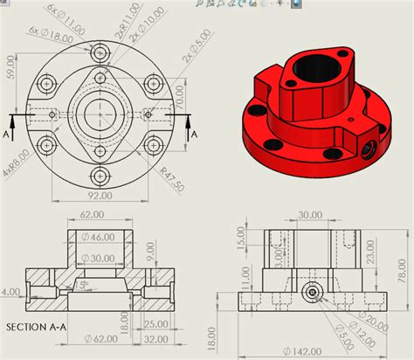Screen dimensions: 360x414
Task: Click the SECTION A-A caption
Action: click(38, 328)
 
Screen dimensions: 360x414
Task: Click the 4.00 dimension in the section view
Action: click(11, 291)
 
